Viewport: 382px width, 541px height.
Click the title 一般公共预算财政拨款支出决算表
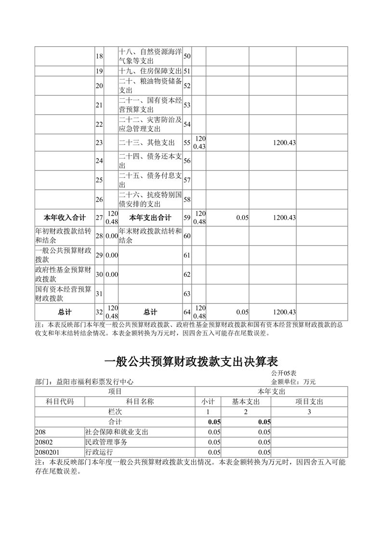click(191, 362)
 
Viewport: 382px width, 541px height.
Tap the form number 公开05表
click(283, 373)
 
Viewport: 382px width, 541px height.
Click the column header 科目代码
click(59, 402)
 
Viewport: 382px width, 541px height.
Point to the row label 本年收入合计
click(65, 218)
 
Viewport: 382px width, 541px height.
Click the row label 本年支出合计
click(151, 218)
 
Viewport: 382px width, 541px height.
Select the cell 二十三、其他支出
click(146, 143)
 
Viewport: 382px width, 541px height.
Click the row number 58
click(187, 199)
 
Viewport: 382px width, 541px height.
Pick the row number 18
click(99, 56)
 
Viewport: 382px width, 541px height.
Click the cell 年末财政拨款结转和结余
click(151, 236)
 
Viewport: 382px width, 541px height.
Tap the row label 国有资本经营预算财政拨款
click(64, 294)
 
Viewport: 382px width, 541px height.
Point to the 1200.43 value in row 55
click(284, 143)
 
